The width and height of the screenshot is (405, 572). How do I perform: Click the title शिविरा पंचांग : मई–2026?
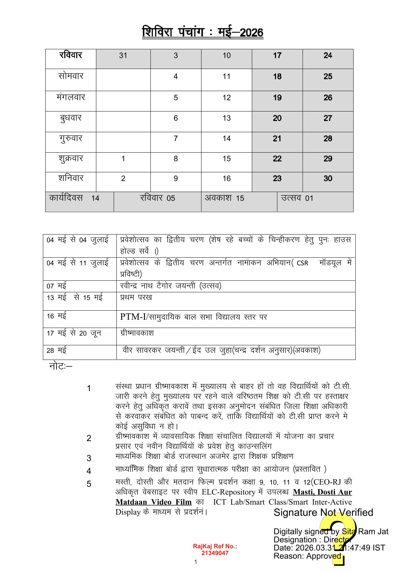point(202,32)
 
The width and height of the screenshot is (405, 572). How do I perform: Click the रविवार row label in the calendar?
point(71,55)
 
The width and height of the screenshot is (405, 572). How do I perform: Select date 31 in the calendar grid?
point(123,55)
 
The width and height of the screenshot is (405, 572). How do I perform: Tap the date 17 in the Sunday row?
point(277,55)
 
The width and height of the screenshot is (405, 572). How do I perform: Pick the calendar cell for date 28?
point(328,139)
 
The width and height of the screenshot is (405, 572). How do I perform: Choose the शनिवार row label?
point(71,178)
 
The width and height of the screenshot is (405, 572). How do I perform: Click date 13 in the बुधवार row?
point(227,118)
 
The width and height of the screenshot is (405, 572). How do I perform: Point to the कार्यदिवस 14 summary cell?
point(74,198)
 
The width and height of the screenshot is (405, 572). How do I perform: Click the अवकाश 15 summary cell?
point(224,198)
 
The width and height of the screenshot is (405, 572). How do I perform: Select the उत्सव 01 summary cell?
point(297,198)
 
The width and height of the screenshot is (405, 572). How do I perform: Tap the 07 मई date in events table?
point(56,286)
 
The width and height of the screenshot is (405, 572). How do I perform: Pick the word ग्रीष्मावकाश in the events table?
point(137,333)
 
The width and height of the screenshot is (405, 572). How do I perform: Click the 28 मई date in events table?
point(56,350)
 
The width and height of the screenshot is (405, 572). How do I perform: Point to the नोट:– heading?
point(61,366)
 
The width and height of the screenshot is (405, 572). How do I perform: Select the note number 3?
point(89,458)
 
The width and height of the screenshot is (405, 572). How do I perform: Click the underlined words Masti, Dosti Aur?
point(322,492)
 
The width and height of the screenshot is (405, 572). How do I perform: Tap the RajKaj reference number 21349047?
point(215,553)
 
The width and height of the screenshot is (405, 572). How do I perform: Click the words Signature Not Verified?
point(323,513)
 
